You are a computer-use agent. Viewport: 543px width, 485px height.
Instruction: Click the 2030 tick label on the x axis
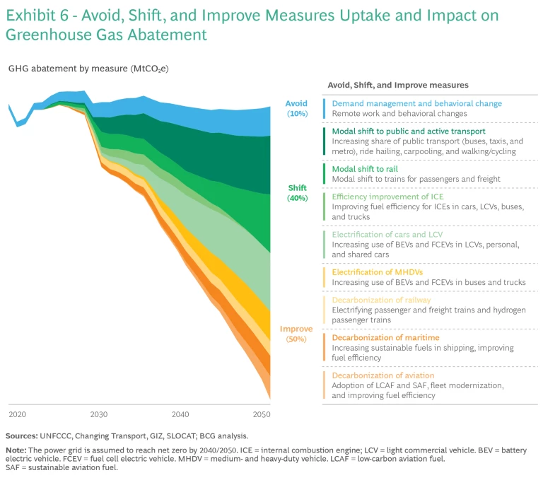coord(98,414)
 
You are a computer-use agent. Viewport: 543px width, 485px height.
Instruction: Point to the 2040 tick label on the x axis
coord(180,414)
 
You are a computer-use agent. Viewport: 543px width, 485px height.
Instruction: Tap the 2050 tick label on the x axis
coord(261,414)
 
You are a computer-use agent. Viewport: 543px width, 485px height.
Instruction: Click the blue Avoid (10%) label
coord(296,108)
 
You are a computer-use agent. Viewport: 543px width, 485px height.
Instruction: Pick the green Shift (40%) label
coord(297,193)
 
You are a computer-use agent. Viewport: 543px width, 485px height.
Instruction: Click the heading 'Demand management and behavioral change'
coord(416,103)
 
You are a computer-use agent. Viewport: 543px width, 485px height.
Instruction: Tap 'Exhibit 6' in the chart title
coord(37,15)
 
